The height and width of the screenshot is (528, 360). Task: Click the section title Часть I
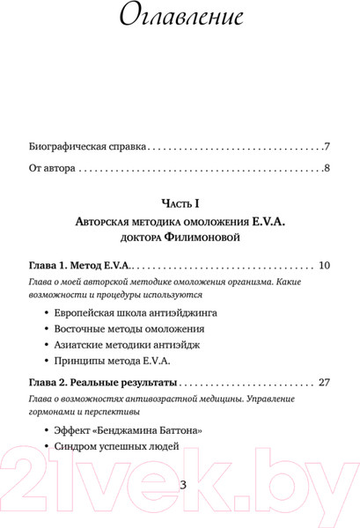pyautogui.click(x=180, y=203)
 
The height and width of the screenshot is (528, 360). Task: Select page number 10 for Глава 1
pyautogui.click(x=323, y=266)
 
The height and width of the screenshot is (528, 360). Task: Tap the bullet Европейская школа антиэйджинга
pyautogui.click(x=135, y=313)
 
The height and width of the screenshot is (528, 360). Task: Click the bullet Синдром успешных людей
pyautogui.click(x=116, y=446)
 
